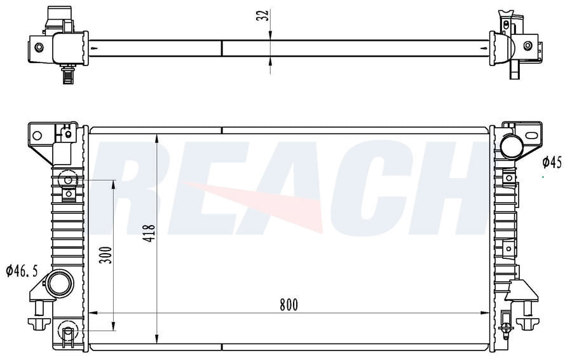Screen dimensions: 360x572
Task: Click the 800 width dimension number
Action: point(288,304)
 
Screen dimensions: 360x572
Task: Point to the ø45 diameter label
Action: point(552,162)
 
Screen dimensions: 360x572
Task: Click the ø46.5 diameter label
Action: point(22,271)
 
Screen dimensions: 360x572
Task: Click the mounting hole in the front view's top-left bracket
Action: point(37,135)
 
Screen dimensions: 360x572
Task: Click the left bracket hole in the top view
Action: point(39,47)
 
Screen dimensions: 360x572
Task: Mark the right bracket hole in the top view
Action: point(528,46)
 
